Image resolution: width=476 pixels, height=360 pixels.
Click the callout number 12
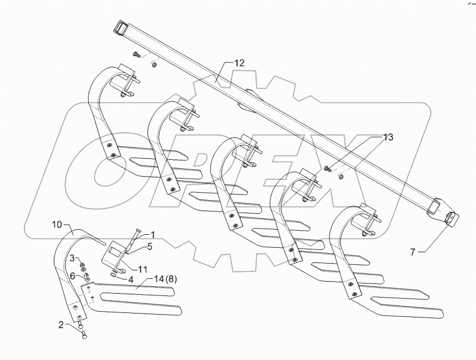[239, 63]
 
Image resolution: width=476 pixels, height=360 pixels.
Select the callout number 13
[387, 137]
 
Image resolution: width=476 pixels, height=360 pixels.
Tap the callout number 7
[412, 252]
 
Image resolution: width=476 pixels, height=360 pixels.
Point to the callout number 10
[57, 225]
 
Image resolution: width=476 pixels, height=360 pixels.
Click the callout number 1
[153, 235]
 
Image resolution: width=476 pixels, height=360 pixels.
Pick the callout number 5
[149, 247]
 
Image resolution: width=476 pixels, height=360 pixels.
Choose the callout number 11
[142, 269]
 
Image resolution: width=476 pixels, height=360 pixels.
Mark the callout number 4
[130, 279]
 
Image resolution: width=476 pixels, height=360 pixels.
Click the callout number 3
[72, 259]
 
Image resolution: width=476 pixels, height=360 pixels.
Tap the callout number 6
[72, 276]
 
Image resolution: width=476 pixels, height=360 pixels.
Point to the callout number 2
[61, 325]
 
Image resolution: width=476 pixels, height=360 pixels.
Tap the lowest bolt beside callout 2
[84, 335]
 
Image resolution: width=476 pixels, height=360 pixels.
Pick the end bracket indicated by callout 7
[450, 218]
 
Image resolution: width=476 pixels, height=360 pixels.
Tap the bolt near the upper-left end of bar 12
[136, 54]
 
